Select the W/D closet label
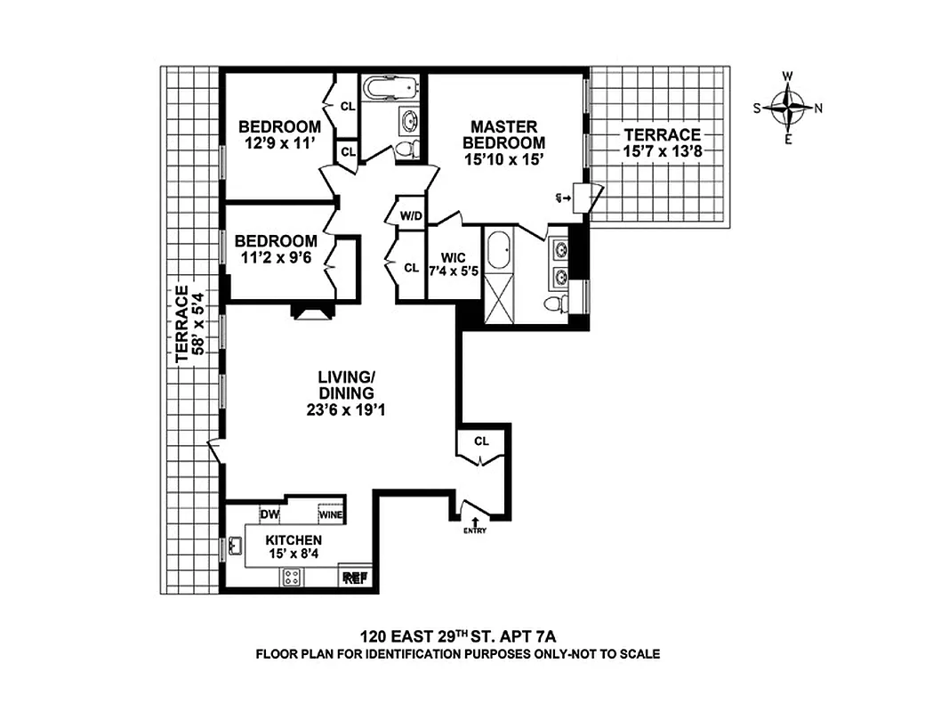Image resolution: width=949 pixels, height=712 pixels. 410,215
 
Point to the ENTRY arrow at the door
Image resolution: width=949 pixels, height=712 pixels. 474,525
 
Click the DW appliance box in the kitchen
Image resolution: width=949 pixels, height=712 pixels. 269,514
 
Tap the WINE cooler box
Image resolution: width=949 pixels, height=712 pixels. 332,514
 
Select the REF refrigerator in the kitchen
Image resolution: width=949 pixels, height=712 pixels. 355,578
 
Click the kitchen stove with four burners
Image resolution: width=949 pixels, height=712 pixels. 292,577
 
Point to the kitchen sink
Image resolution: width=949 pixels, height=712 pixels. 236,546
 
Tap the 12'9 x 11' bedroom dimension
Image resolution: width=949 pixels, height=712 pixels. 280,142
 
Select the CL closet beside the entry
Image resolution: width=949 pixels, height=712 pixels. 481,441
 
